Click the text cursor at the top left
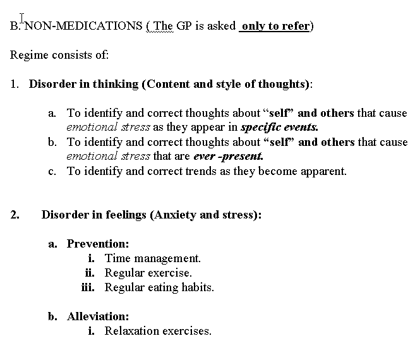click(x=23, y=18)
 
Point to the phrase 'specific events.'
click(x=280, y=126)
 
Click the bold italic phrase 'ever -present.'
click(x=228, y=155)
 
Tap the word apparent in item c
click(x=323, y=171)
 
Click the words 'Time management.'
click(x=153, y=258)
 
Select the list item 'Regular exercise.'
click(x=148, y=273)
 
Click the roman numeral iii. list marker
click(x=88, y=287)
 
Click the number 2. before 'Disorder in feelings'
click(x=15, y=215)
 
